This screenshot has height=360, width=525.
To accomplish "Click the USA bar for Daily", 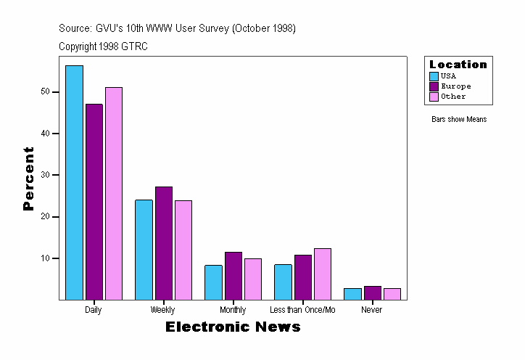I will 74,182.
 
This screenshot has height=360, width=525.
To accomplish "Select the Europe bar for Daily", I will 94,202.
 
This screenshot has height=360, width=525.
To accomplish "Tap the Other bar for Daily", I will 114,193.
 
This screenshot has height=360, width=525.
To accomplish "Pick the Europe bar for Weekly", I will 164,243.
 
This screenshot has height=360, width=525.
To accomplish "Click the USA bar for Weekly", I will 144,250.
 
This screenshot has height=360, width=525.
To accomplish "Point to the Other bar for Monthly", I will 253,279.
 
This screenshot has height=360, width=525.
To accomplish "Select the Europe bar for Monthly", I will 233,276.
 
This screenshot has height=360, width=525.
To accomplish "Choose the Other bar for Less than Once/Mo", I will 322,274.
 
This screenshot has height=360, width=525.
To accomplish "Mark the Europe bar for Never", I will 372,292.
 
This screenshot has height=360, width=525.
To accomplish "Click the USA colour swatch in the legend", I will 434,76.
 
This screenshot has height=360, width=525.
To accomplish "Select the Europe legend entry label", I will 455,86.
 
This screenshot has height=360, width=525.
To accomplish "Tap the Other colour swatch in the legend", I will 434,97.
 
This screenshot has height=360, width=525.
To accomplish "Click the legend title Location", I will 458,65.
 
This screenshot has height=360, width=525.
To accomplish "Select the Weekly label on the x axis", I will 162,310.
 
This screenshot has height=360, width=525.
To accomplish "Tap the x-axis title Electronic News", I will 233,327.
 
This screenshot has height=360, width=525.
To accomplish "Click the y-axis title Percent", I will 28,179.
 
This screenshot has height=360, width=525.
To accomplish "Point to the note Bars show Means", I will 459,119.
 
